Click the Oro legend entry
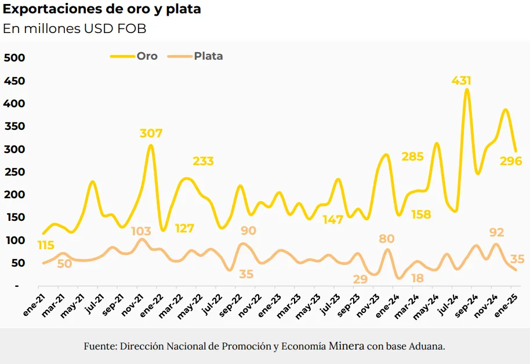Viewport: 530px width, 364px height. (x=134, y=56)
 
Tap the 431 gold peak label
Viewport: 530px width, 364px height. (x=461, y=81)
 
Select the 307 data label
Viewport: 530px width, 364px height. (x=151, y=133)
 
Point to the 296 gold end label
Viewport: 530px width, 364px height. (x=511, y=161)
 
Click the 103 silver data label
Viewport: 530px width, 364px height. (x=141, y=231)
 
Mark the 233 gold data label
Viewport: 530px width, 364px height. (x=203, y=161)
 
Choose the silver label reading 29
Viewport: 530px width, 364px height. (x=360, y=279)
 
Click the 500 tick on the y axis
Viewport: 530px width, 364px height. (x=14, y=57)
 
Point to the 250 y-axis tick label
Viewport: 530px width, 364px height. (x=14, y=172)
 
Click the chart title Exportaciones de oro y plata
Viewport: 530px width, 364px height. (x=102, y=10)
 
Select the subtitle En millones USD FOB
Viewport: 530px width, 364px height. (x=75, y=29)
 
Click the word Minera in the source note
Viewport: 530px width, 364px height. (x=347, y=347)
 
